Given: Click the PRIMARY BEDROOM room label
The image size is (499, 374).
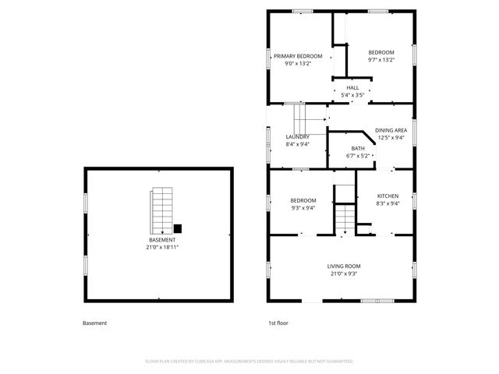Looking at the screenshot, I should click(299, 56).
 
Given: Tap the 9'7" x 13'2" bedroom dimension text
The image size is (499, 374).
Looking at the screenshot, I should click(381, 60).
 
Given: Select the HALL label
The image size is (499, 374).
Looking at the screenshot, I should click(353, 87).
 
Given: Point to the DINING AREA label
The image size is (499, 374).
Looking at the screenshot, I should click(391, 130).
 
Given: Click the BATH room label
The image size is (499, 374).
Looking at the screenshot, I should click(358, 148).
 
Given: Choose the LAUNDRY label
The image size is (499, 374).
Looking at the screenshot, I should click(297, 136).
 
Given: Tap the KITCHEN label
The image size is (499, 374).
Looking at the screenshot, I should click(388, 196).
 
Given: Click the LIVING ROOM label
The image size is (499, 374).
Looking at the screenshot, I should click(343, 266).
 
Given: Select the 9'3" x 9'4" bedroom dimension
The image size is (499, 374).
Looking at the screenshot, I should click(303, 207).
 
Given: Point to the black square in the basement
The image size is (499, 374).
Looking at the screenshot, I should click(178, 228).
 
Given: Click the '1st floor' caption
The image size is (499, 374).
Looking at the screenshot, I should click(278, 323).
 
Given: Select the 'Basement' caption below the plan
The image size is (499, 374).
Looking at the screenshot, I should click(94, 323).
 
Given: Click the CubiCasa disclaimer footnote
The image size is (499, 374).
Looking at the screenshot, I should click(249, 362).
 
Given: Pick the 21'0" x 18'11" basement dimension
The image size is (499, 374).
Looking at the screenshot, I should click(163, 247).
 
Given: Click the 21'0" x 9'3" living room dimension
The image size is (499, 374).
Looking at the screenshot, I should click(344, 273).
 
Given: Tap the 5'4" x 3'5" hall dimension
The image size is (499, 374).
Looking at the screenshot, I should click(353, 95).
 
